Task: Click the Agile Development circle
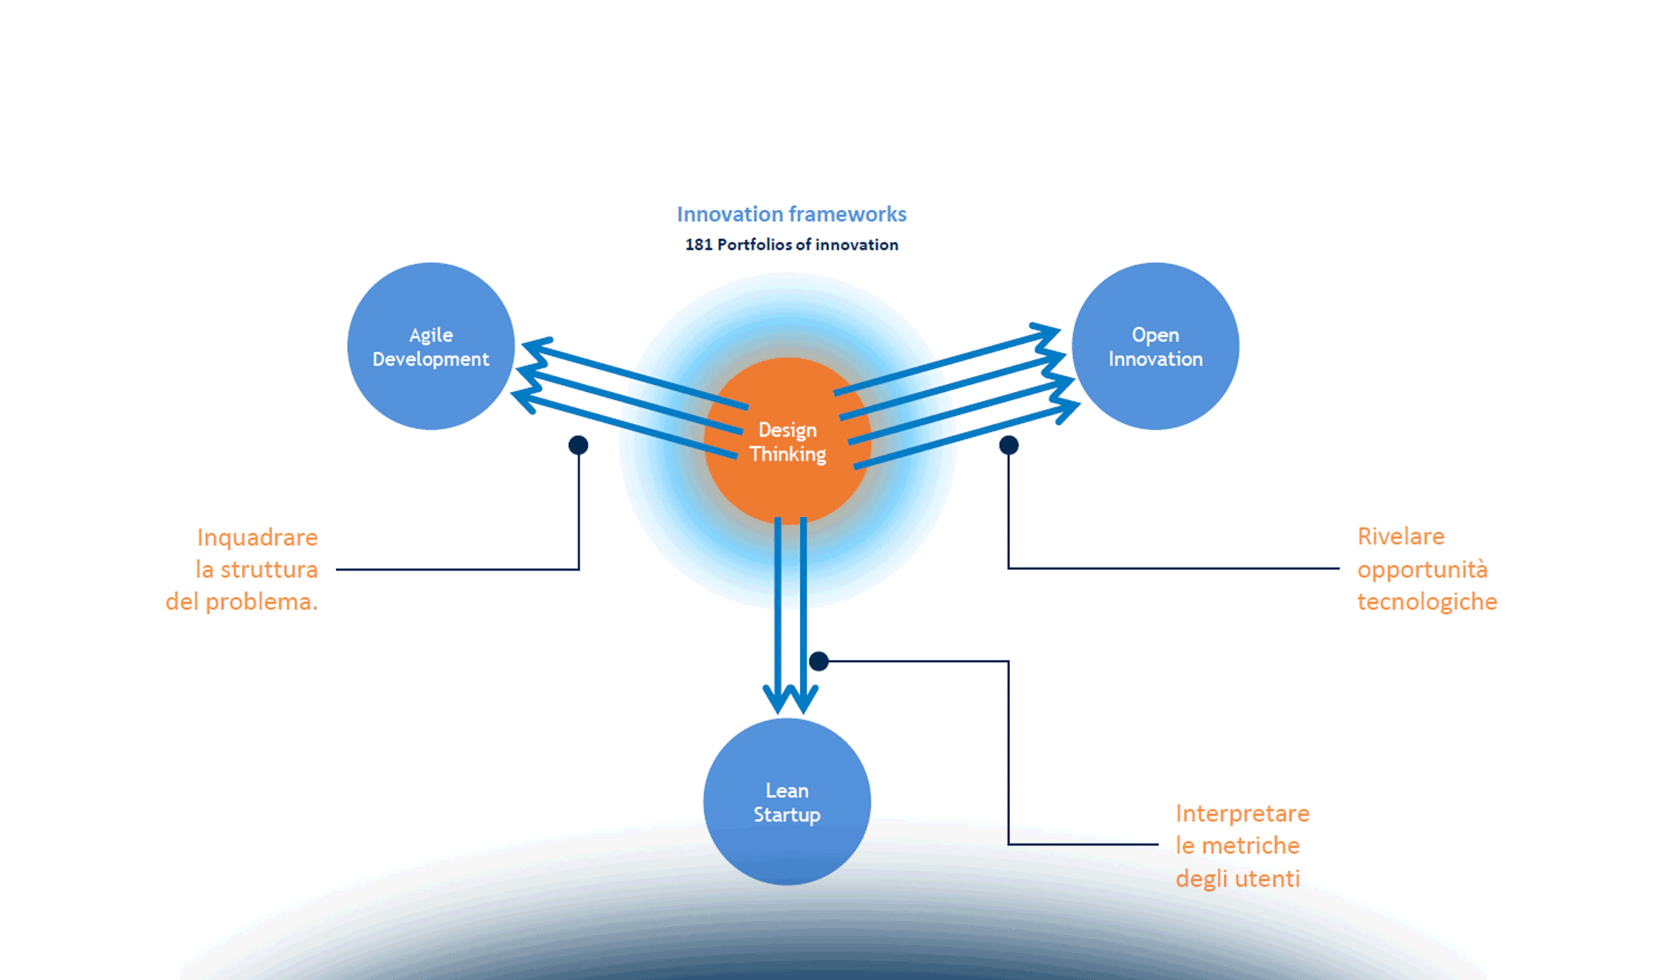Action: click(431, 346)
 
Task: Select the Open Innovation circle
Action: click(1155, 346)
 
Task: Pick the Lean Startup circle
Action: click(787, 801)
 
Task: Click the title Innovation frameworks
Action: click(791, 214)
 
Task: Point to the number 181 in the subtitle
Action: click(698, 245)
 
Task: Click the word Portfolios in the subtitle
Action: click(754, 245)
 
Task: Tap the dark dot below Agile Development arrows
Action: click(579, 445)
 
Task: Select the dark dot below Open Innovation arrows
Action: click(1008, 445)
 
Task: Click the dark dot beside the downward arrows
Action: click(819, 661)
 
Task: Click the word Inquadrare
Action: click(257, 537)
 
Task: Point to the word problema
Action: click(261, 602)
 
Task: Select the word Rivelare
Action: click(1401, 537)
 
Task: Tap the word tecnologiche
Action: click(1427, 602)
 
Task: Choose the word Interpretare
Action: click(1242, 813)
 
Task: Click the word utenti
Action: click(1267, 879)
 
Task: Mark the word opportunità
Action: click(1422, 569)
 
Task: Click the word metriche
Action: click(1250, 846)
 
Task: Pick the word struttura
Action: click(269, 569)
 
